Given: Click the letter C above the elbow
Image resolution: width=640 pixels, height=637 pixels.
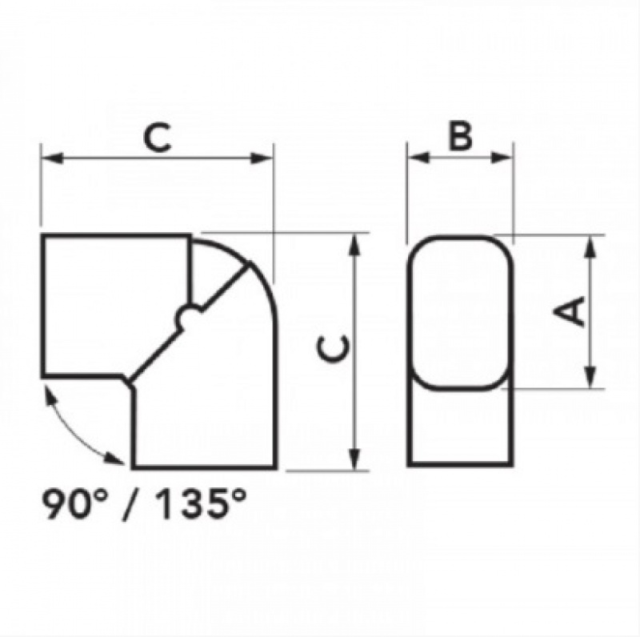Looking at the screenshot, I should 158,137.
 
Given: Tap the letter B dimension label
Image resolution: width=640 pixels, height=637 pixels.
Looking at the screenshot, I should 459,137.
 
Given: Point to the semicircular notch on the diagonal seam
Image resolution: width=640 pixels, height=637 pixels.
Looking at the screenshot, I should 186,318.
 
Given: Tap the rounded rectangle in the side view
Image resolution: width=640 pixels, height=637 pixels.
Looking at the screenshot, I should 460,312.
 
